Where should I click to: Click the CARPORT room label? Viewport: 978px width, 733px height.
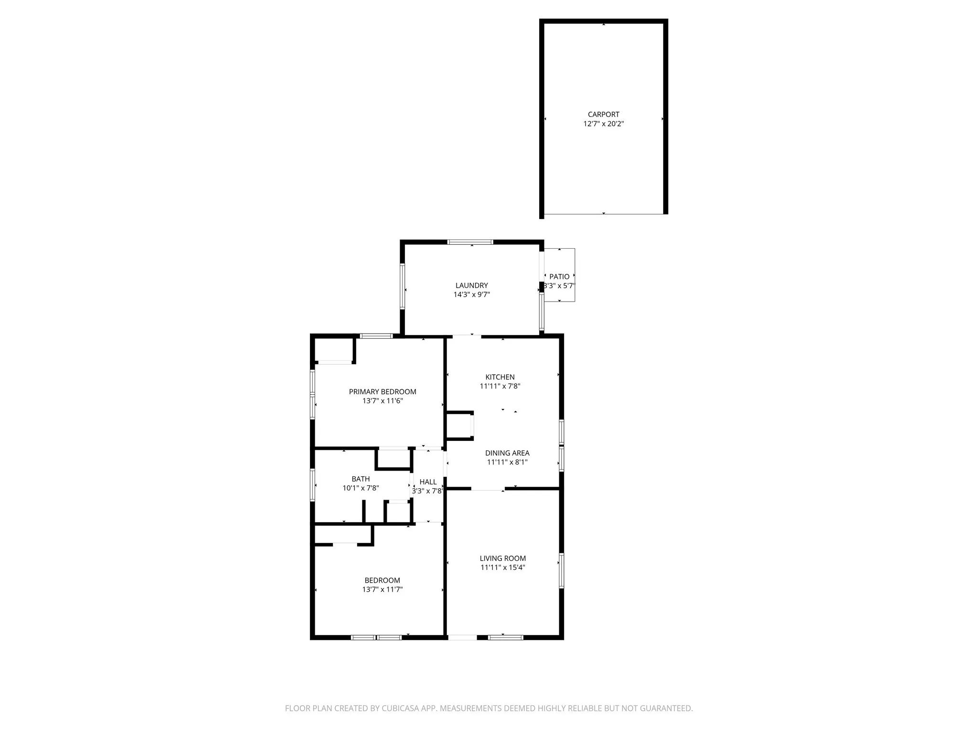603,115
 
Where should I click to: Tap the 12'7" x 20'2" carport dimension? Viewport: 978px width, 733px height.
603,124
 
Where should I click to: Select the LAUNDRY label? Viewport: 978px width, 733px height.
471,285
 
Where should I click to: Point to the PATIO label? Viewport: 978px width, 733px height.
559,277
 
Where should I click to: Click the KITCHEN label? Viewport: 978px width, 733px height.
500,377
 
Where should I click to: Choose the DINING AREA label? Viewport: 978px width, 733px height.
507,453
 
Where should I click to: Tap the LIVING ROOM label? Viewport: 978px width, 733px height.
503,558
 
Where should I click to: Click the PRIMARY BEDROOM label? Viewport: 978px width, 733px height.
383,392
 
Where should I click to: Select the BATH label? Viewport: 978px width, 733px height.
361,479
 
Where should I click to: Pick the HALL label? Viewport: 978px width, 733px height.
428,482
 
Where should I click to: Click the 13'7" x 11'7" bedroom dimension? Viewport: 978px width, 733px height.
382,589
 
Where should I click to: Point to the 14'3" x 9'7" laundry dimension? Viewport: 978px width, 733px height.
471,294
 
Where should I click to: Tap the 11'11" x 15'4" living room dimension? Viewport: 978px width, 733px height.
503,567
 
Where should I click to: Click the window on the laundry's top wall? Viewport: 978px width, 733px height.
470,242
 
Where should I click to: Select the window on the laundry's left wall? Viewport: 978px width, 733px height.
402,286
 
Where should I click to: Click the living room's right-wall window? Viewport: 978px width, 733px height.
562,570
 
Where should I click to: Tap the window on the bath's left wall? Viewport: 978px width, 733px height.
312,485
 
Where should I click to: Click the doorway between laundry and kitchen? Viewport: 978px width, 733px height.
467,336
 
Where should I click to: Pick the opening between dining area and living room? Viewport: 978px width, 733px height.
488,489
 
